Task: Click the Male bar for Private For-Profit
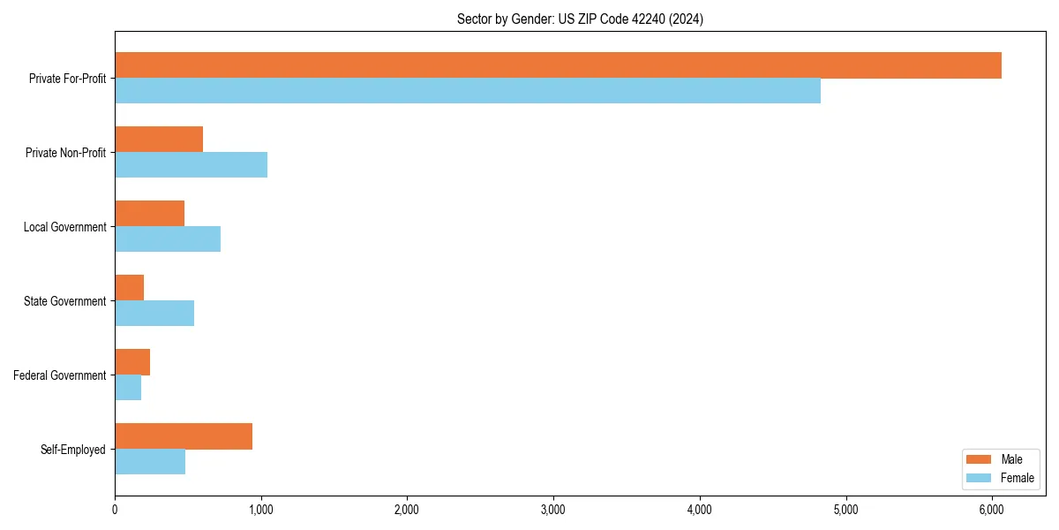point(558,65)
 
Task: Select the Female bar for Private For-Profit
point(468,91)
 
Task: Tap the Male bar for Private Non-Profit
point(159,140)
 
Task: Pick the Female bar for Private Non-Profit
point(191,165)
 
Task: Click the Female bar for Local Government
point(168,239)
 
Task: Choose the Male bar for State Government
point(129,288)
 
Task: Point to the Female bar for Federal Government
point(128,388)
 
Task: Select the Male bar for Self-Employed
point(184,436)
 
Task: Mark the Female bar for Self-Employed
point(150,462)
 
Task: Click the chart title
point(580,19)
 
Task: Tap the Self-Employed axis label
point(73,450)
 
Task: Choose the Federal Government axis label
point(60,375)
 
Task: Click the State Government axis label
point(65,301)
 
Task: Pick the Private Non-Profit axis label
point(65,153)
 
